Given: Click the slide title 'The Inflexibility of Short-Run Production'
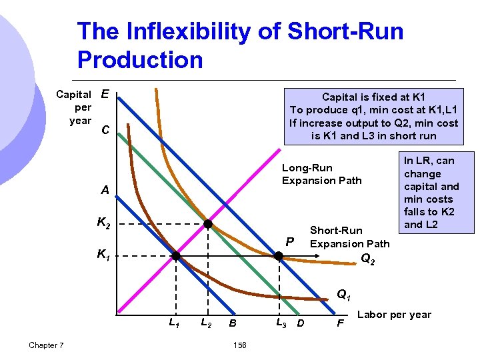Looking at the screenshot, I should pyautogui.click(x=240, y=45).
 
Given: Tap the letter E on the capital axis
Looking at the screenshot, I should pyautogui.click(x=105, y=95).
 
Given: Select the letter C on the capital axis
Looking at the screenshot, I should pyautogui.click(x=105, y=130).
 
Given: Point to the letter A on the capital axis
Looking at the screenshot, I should pyautogui.click(x=105, y=190).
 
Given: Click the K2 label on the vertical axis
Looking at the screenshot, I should pyautogui.click(x=104, y=224).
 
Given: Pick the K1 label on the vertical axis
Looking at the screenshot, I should pyautogui.click(x=104, y=254).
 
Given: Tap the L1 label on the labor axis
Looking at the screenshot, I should pyautogui.click(x=173, y=323).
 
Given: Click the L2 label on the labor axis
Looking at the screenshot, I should pyautogui.click(x=207, y=323).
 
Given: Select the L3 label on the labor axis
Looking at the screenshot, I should pyautogui.click(x=281, y=323).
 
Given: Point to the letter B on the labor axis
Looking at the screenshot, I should pyautogui.click(x=232, y=324).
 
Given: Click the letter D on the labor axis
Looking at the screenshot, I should pyautogui.click(x=300, y=324).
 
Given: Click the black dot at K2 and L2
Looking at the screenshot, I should pyautogui.click(x=208, y=225).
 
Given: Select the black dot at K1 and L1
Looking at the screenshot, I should pyautogui.click(x=176, y=255).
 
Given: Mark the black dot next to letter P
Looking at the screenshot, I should pyautogui.click(x=279, y=255).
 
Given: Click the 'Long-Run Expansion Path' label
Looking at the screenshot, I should pyautogui.click(x=321, y=173).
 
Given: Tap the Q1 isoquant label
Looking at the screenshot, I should pyautogui.click(x=344, y=293).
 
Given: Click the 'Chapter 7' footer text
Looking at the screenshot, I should pyautogui.click(x=47, y=345).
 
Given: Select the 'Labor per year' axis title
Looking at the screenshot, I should pyautogui.click(x=395, y=315).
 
